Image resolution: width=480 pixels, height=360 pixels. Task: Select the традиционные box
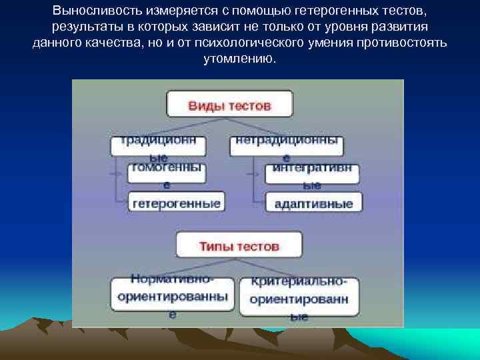pos(158,146)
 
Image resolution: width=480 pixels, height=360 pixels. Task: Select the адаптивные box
pos(314,203)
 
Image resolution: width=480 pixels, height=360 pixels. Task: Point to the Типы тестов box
pos(239,245)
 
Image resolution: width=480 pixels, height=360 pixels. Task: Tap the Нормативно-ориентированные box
pos(172,295)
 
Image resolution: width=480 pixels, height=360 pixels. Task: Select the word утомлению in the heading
pos(239,59)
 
